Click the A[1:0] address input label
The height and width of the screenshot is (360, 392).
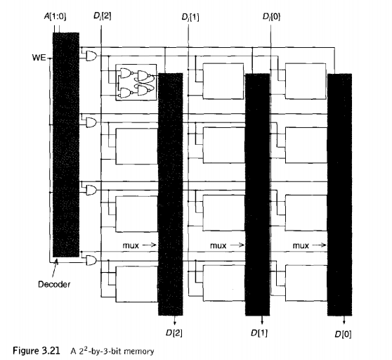coord(55,16)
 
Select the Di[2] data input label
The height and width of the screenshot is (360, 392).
coord(103,16)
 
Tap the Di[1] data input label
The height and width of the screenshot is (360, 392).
coord(190,18)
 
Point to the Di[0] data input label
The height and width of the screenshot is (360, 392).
coord(271,17)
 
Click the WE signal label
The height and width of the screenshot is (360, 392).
coord(39,58)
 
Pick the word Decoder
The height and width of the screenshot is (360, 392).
coord(54,284)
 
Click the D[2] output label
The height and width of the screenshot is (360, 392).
coord(174,333)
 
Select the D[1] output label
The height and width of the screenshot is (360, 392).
coord(259,333)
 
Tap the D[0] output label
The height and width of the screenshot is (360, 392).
coord(344,334)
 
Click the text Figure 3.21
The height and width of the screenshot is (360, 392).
coord(37,350)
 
